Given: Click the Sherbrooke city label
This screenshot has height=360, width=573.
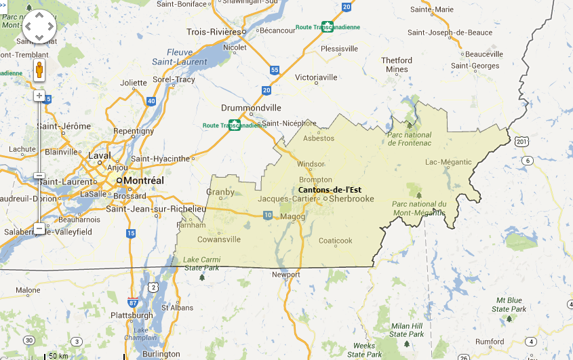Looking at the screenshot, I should click(x=352, y=199).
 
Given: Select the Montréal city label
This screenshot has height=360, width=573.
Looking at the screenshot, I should click(x=143, y=181).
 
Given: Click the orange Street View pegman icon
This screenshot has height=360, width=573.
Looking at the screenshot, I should click(x=39, y=70).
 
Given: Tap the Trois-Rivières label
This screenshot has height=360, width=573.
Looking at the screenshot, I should click(x=214, y=32).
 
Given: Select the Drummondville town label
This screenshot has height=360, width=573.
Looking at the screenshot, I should click(x=251, y=108).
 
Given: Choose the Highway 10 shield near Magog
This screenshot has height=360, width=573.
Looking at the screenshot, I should click(x=268, y=215).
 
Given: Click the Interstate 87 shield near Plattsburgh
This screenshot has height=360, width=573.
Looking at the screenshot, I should click(x=134, y=302).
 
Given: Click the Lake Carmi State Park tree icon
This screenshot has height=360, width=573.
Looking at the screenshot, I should click(x=202, y=277).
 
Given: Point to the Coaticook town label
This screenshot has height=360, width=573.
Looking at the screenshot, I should click(x=336, y=241).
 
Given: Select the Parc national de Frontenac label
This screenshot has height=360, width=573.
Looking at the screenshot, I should click(x=409, y=139).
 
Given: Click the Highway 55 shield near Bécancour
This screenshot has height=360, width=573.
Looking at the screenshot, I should click(x=275, y=70).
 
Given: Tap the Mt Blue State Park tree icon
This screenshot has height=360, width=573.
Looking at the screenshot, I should click(x=509, y=318).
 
